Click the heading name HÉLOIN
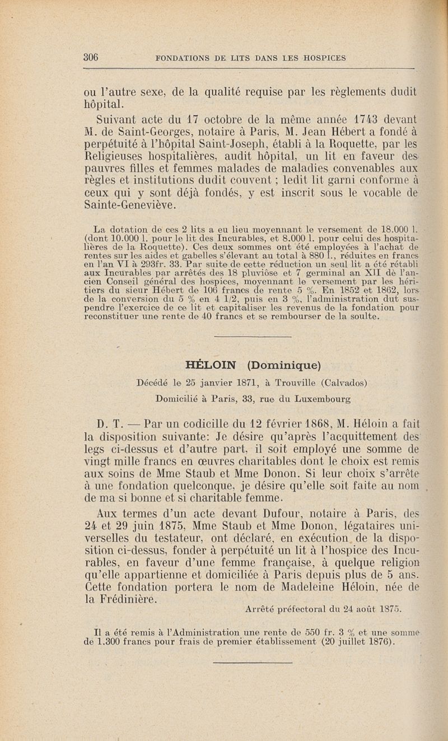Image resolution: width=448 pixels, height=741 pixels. click(x=212, y=366)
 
